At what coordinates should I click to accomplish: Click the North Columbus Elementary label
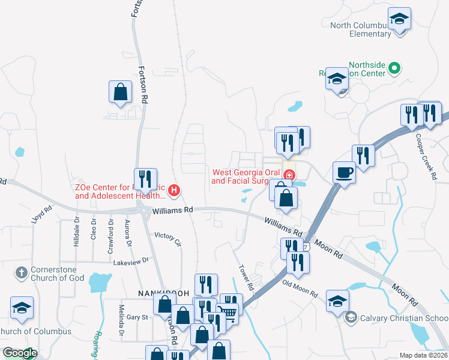[x=360, y=29]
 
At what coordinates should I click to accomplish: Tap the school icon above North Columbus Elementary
[x=399, y=19]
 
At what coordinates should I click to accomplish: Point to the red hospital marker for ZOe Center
[x=174, y=191]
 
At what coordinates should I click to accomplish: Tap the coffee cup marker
[x=345, y=172]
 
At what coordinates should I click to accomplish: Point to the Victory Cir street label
[x=167, y=238]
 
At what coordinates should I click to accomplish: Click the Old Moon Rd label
[x=300, y=288]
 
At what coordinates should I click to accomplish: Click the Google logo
[x=19, y=353]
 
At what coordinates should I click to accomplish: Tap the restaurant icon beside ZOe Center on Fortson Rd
[x=145, y=179]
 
